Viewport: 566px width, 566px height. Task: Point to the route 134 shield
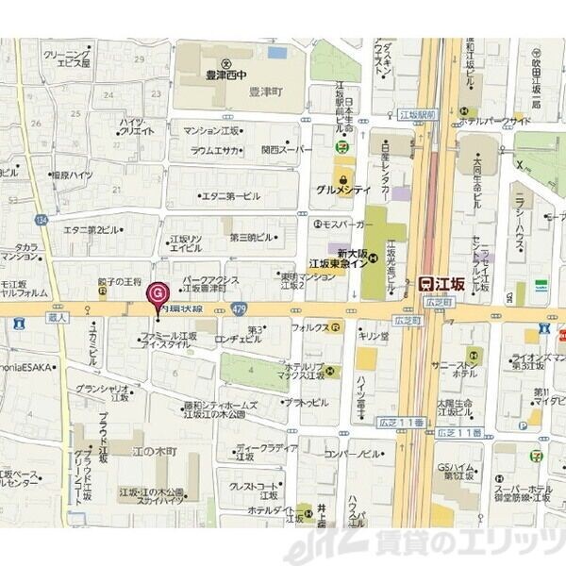(x=41, y=220)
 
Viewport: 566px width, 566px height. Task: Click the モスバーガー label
(x=344, y=225)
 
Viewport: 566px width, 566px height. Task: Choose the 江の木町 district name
(x=155, y=452)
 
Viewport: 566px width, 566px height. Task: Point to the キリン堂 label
(x=373, y=336)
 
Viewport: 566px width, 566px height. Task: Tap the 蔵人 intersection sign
(x=58, y=319)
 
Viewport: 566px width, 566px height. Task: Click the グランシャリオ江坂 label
(x=103, y=392)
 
